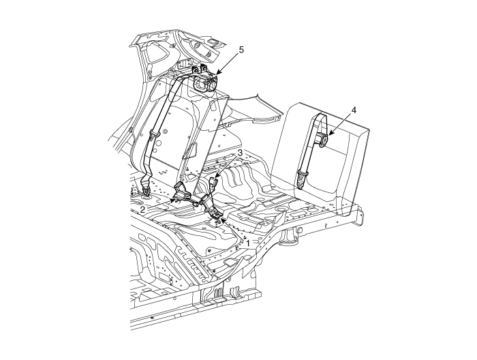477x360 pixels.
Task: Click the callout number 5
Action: pos(241,50)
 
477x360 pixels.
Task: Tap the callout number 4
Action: pos(354,110)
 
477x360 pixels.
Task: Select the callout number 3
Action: pos(240,153)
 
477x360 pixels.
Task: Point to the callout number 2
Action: pos(142,209)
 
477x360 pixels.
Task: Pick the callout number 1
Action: pos(248,243)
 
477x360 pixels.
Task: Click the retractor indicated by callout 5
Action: pos(206,82)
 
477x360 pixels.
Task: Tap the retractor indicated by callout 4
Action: pos(322,140)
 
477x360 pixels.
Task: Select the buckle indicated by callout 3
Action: pos(214,183)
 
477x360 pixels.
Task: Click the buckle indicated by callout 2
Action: pos(183,193)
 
